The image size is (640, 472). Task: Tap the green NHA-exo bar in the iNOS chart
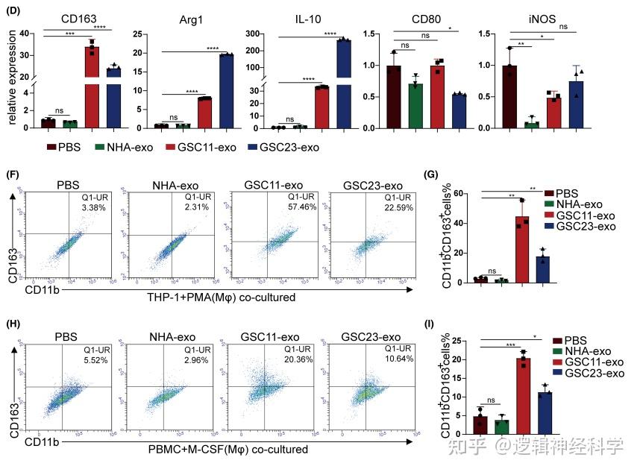pyautogui.click(x=532, y=125)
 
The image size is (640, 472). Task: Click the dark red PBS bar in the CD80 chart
pyautogui.click(x=393, y=97)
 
